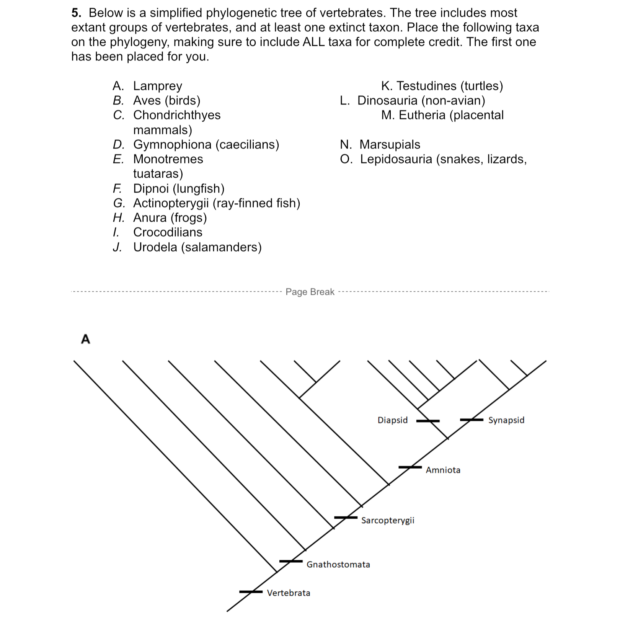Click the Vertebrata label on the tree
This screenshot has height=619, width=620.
point(288,593)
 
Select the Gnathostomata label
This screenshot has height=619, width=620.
point(338,565)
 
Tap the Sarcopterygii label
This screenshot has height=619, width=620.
point(387,520)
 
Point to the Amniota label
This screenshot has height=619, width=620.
point(443,470)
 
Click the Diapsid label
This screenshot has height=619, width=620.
point(392,420)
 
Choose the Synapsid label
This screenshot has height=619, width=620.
point(506,420)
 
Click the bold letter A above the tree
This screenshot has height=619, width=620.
point(86,339)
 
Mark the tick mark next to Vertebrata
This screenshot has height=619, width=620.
point(251,592)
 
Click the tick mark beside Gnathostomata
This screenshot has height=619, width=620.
point(291,561)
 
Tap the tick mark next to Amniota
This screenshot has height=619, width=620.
point(410,467)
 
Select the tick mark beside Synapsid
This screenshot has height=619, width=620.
point(472,420)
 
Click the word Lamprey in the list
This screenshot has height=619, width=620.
point(157,86)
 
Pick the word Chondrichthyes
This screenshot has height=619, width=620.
point(177,115)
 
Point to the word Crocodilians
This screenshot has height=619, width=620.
point(168,232)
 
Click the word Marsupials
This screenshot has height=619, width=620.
point(390,145)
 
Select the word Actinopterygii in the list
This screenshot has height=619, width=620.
point(171,203)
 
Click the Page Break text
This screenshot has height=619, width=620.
point(310,292)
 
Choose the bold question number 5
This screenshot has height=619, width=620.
point(76,13)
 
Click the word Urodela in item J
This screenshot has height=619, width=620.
point(155,247)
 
